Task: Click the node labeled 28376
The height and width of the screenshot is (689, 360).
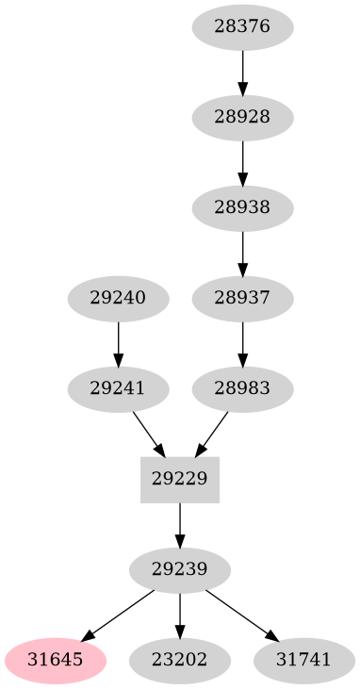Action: (242, 26)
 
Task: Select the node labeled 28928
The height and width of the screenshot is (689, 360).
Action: (242, 117)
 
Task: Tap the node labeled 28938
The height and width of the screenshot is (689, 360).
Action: (242, 207)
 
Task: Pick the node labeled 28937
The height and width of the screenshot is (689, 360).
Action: (242, 298)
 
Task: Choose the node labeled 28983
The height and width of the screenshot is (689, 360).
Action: (242, 388)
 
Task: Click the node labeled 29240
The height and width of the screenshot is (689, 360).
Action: (118, 298)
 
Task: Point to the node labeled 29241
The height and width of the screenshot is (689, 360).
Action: (118, 388)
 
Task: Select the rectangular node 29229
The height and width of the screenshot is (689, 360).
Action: (180, 479)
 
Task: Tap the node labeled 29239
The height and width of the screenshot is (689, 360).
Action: (180, 569)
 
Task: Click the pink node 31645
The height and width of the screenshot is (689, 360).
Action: (54, 660)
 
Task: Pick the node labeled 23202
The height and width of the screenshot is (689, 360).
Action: (180, 660)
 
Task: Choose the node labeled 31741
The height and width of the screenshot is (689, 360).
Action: (304, 660)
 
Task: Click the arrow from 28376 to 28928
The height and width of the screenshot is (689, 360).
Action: (242, 72)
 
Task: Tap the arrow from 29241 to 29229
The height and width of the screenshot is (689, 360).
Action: (149, 434)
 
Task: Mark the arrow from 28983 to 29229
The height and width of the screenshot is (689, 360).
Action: (211, 434)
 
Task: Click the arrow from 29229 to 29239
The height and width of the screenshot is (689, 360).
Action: (180, 524)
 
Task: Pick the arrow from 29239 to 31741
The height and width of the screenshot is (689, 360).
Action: (242, 615)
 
